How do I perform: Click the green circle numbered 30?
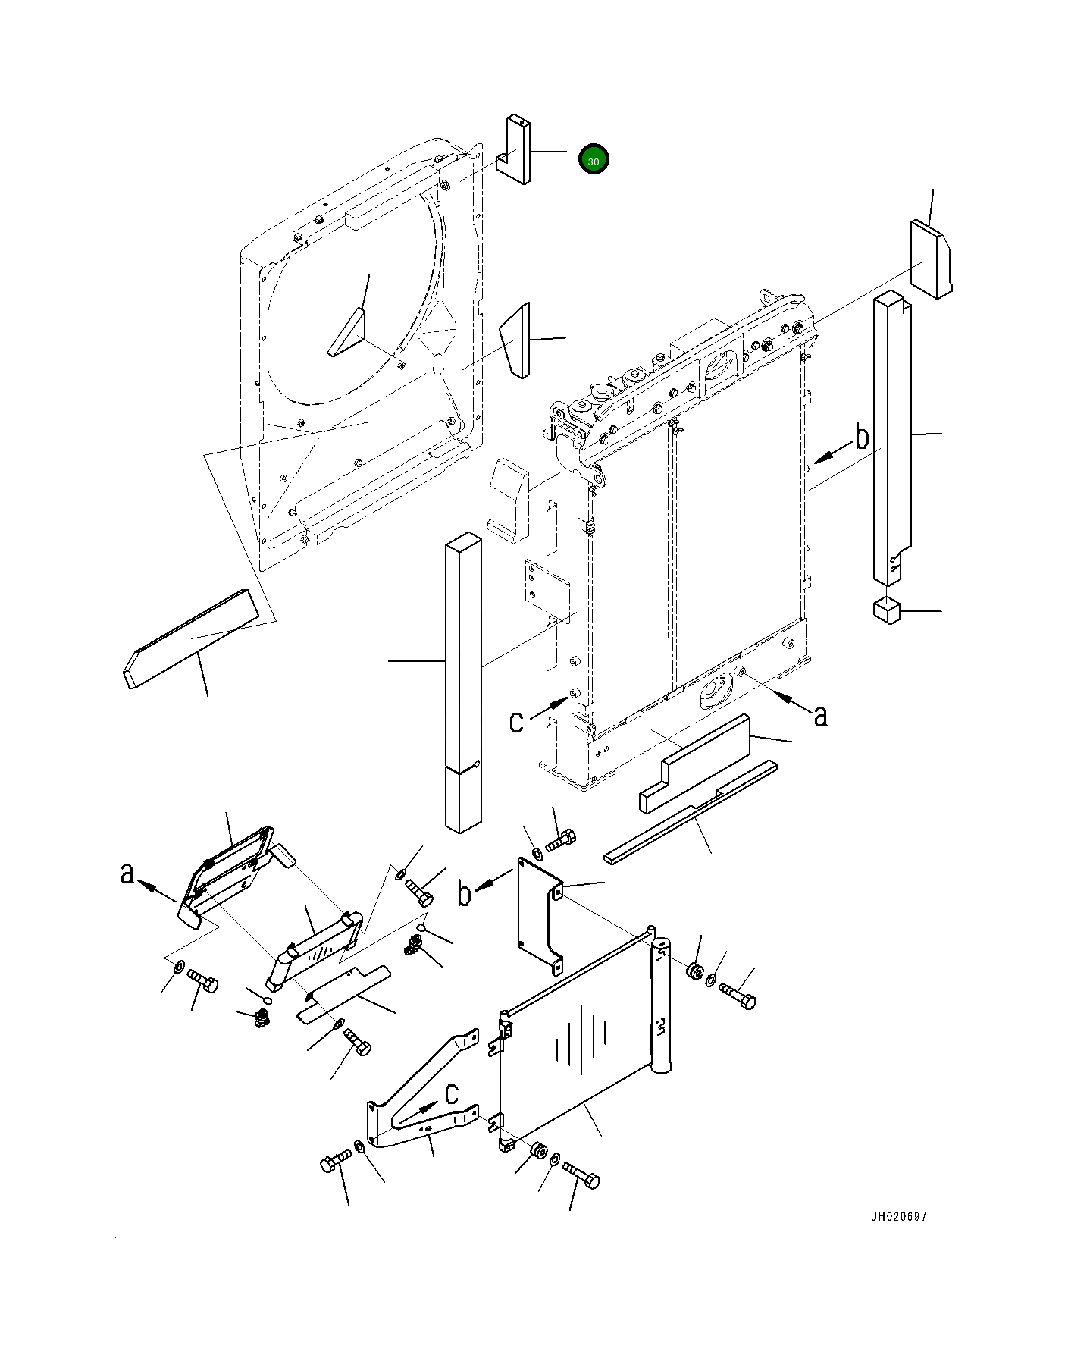pyautogui.click(x=594, y=159)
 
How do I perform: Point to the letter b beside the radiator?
pyautogui.click(x=862, y=438)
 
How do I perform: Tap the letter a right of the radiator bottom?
pyautogui.click(x=820, y=715)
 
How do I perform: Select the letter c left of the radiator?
pyautogui.click(x=516, y=722)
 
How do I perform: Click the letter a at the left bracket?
pyautogui.click(x=127, y=873)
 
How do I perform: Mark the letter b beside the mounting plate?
pyautogui.click(x=465, y=893)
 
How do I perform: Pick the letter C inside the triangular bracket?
pyautogui.click(x=452, y=1094)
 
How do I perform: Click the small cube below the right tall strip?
pyautogui.click(x=886, y=610)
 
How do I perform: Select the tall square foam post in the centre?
pyautogui.click(x=463, y=682)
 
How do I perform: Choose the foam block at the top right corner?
pyautogui.click(x=931, y=259)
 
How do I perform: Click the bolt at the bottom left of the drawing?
pyautogui.click(x=336, y=1161)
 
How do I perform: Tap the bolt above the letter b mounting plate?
pyautogui.click(x=560, y=840)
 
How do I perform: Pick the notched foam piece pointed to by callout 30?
pyautogui.click(x=513, y=149)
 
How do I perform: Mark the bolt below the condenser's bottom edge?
pyautogui.click(x=581, y=1177)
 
